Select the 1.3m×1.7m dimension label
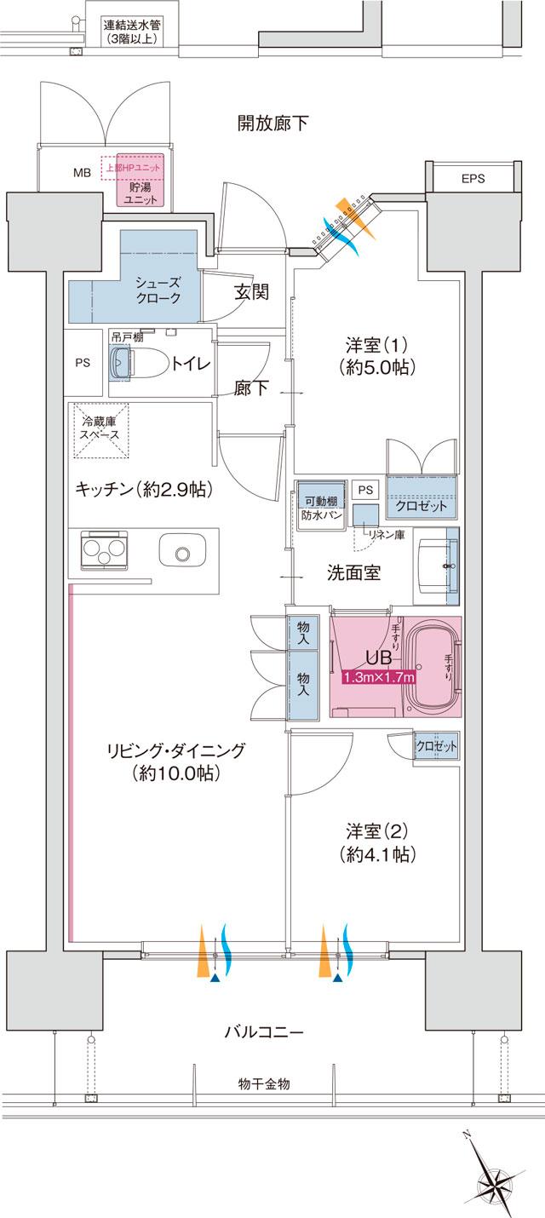click(x=378, y=678)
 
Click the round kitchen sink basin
click(x=181, y=554)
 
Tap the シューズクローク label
click(x=158, y=290)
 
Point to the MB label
click(x=82, y=173)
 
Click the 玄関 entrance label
click(x=251, y=293)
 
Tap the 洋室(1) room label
click(x=377, y=356)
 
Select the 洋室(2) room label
click(x=377, y=840)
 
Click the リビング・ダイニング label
click(x=176, y=762)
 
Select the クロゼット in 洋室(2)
click(x=435, y=746)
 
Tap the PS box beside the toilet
click(x=82, y=363)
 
